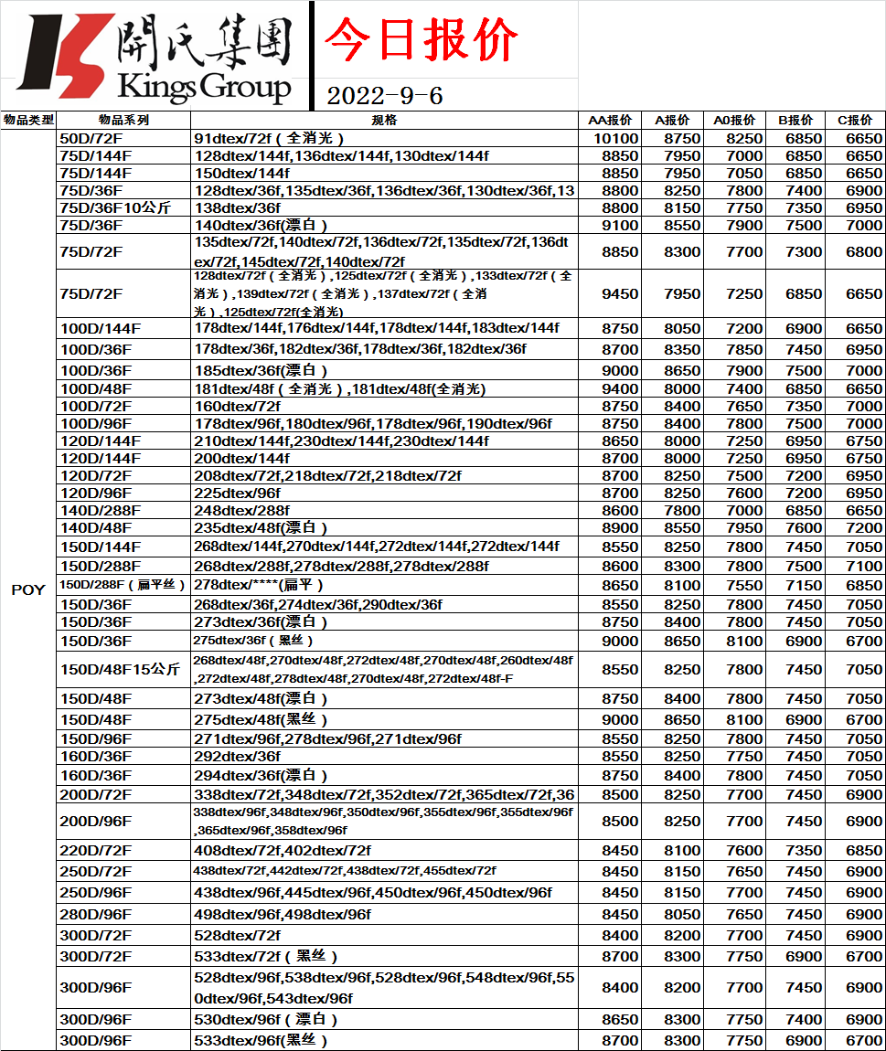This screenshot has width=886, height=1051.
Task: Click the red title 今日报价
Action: (422, 41)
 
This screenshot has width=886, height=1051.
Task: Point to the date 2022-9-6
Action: (385, 96)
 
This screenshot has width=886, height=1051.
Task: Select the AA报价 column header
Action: (610, 120)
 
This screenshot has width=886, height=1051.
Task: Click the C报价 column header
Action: (855, 120)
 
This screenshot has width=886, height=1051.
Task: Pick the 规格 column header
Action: (384, 120)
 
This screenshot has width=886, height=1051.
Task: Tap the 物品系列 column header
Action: (123, 120)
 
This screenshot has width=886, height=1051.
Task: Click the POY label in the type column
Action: (27, 589)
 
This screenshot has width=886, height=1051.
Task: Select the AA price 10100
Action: (615, 138)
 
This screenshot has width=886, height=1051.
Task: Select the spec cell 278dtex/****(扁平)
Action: (260, 585)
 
